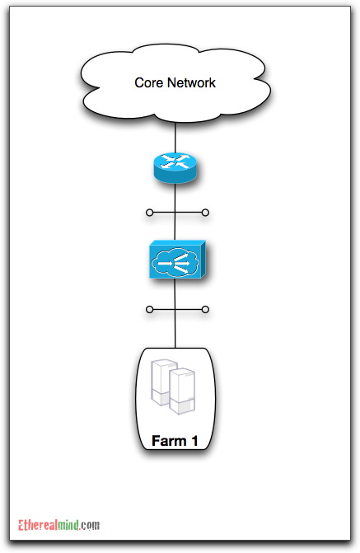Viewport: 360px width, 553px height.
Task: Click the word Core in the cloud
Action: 148,83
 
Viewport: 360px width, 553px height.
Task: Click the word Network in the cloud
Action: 191,83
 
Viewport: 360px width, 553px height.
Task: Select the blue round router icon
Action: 175,167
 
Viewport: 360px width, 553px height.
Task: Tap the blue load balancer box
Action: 177,260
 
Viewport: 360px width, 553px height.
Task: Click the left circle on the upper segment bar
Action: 149,213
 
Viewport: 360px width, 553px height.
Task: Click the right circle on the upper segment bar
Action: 205,213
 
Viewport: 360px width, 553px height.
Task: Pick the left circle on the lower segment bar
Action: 149,310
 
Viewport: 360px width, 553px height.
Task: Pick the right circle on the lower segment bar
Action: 205,310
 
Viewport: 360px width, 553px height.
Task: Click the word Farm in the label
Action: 169,441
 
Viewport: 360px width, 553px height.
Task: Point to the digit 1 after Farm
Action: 194,441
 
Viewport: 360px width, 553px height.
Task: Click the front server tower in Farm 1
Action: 182,391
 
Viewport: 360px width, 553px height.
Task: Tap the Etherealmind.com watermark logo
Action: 58,525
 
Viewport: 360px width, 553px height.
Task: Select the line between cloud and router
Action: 175,138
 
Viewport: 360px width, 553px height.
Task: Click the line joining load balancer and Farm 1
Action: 175,313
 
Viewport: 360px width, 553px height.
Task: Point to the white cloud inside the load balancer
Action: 175,263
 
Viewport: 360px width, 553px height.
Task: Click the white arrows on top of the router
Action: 175,162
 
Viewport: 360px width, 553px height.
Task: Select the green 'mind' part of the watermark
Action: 68,525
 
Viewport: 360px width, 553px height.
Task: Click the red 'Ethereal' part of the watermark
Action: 38,525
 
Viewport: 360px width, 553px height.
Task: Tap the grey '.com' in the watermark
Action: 90,526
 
